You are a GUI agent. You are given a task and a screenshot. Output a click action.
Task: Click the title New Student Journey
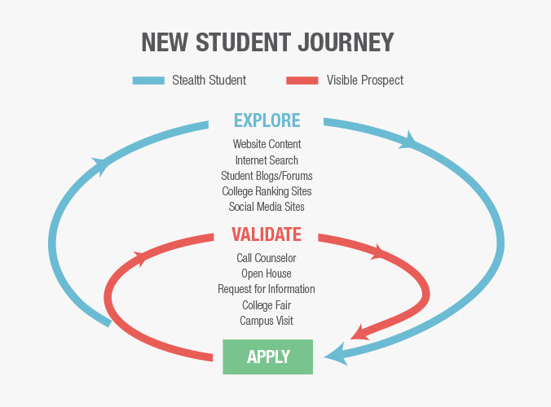tap(267, 42)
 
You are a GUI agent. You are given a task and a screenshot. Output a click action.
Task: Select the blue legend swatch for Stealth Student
tap(148, 81)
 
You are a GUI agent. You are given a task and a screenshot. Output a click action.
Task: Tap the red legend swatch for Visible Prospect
tap(302, 81)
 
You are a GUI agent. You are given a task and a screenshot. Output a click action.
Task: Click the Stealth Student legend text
tap(209, 81)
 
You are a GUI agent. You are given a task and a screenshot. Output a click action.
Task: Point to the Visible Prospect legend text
tap(364, 81)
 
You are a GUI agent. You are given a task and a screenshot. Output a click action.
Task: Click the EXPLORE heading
tap(267, 121)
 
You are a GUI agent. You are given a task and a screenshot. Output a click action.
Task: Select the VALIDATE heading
tap(267, 235)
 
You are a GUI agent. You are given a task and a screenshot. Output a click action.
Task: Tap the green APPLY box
tap(267, 357)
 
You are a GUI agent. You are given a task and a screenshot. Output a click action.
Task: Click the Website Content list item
tap(267, 145)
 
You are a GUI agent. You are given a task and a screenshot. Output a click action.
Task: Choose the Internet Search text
tap(267, 160)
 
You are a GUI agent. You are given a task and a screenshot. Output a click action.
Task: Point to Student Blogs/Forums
tap(267, 176)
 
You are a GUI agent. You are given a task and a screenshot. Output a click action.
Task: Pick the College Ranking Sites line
tap(267, 191)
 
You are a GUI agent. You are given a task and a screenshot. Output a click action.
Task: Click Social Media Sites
tap(267, 207)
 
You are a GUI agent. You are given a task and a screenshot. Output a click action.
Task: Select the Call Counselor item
tap(267, 259)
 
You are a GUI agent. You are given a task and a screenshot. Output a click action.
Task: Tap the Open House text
tap(267, 274)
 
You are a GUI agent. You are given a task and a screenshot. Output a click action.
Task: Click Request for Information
tap(267, 290)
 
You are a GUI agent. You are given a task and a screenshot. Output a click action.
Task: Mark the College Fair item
tap(267, 305)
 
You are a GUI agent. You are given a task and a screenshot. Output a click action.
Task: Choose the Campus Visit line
tap(267, 321)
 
